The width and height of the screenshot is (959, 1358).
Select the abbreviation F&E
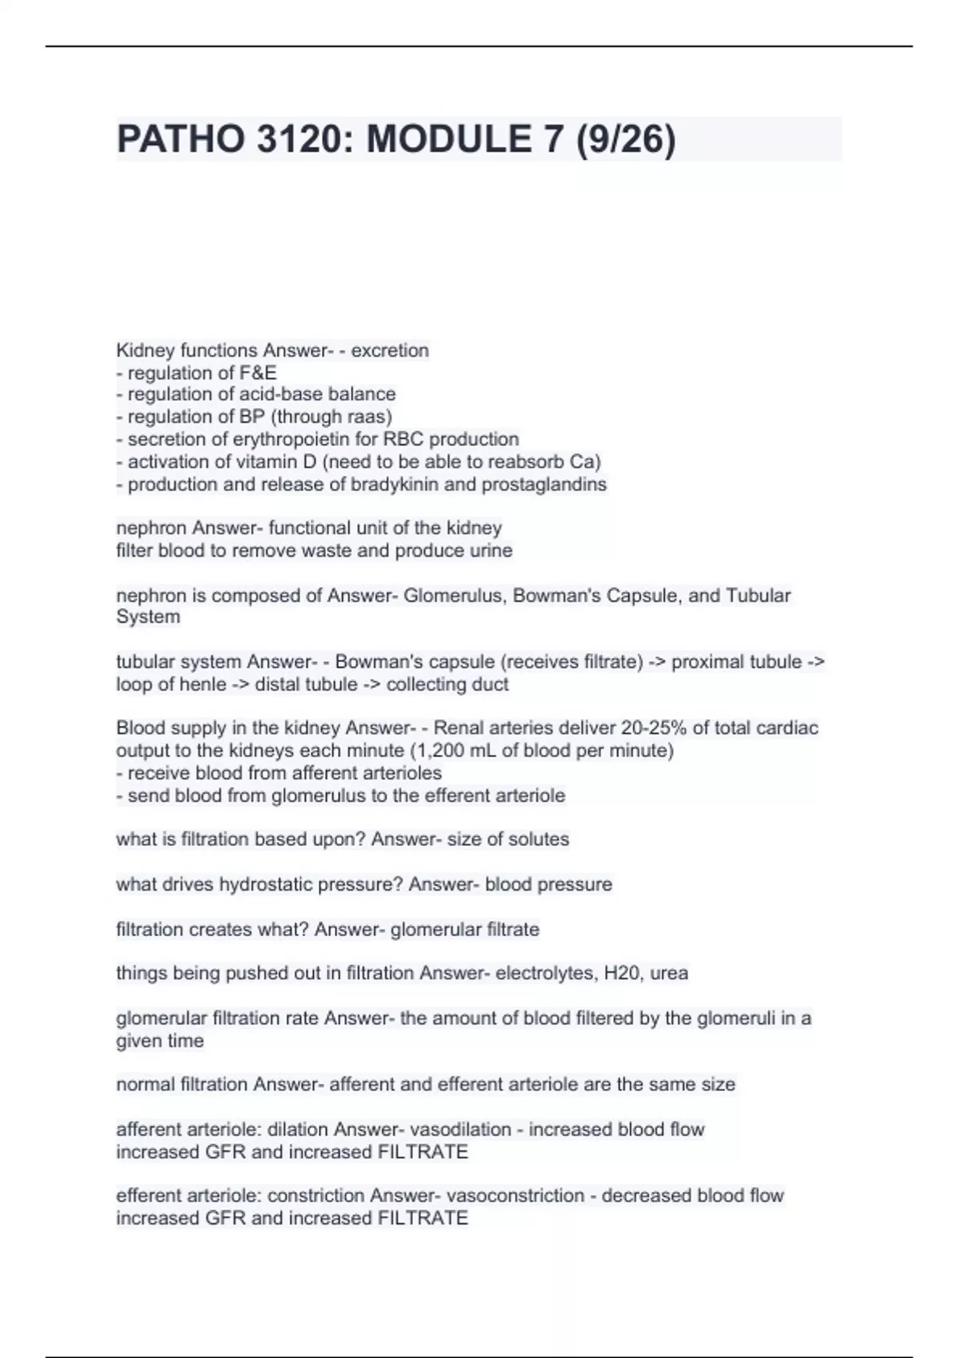point(258,373)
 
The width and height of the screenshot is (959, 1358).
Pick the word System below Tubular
point(148,617)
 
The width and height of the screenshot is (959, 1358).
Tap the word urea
point(669,974)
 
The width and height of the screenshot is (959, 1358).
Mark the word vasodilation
point(460,1130)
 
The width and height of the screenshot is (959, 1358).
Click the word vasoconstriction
point(515,1196)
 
